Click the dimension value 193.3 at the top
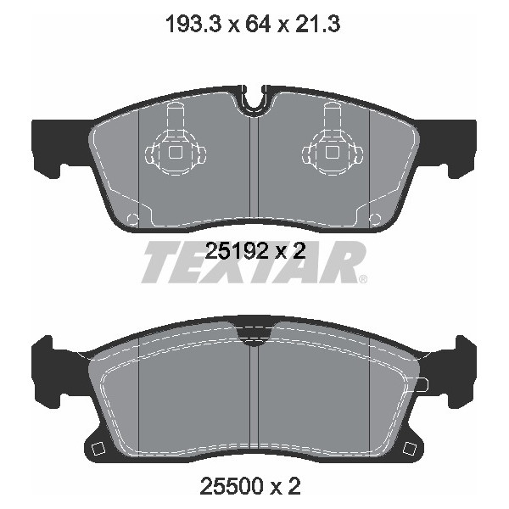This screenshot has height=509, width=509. point(193,25)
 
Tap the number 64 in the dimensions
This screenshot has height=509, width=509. point(258,25)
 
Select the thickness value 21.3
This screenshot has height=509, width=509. point(317,25)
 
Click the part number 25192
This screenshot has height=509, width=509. point(237,251)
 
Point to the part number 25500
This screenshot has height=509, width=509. point(232,486)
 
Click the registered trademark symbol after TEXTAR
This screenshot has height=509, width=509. point(363,279)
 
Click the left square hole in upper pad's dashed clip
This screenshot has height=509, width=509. point(176,153)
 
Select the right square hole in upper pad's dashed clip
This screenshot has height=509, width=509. point(333,153)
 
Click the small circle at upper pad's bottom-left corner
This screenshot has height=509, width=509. point(132,219)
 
